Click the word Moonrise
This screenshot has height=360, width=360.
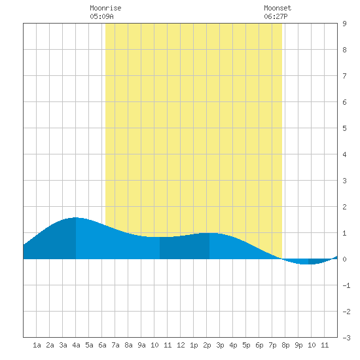click(x=105, y=8)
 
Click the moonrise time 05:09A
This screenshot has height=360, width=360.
click(x=101, y=16)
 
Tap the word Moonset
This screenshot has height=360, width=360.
click(x=278, y=8)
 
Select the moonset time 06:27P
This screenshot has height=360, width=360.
click(x=276, y=16)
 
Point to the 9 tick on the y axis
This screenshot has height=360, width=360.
click(x=344, y=24)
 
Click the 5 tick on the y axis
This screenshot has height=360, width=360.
click(x=344, y=128)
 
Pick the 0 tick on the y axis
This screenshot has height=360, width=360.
click(x=344, y=259)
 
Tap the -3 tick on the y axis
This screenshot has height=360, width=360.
click(x=346, y=338)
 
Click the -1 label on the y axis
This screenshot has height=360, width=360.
click(x=346, y=285)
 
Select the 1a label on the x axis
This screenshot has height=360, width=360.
click(x=37, y=345)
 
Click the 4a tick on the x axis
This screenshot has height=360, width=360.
click(x=76, y=345)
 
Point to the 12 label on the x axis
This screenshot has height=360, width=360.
click(x=181, y=345)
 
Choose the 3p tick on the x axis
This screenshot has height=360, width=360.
click(x=220, y=345)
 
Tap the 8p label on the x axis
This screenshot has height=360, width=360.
click(x=285, y=345)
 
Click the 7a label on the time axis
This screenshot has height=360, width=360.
click(x=115, y=345)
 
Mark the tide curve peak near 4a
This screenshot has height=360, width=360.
click(x=75, y=217)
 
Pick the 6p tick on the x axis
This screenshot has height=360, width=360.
click(x=259, y=345)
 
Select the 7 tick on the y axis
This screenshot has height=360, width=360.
click(x=344, y=76)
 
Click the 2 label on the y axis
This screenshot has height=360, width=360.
click(x=344, y=207)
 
